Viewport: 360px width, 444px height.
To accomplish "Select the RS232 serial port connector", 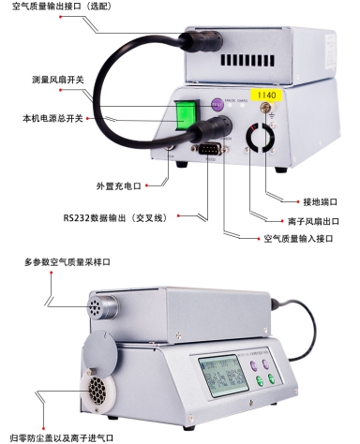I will [x=208, y=149].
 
